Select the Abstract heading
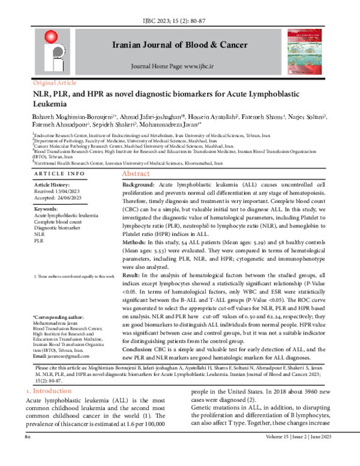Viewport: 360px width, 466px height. coord(136,173)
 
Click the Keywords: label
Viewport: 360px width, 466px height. coord(46,209)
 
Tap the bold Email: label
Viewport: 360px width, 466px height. coord(42,357)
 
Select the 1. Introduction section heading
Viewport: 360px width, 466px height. coord(50,391)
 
